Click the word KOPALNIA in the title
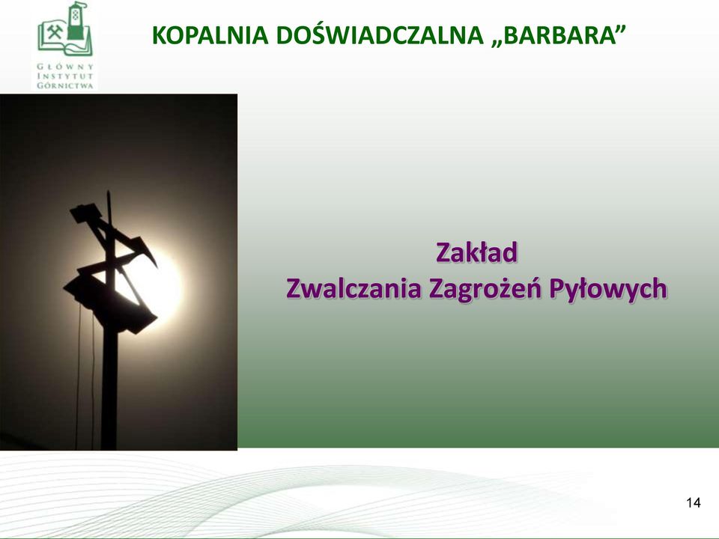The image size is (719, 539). [210, 35]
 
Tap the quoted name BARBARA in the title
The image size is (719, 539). [559, 35]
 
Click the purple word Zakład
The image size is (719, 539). [476, 252]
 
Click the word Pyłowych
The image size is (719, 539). [607, 289]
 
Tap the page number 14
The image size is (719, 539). [694, 503]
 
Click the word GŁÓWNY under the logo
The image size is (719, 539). [65, 67]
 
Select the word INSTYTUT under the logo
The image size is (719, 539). [65, 76]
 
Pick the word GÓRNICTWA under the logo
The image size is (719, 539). [65, 85]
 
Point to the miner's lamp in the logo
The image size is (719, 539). [77, 22]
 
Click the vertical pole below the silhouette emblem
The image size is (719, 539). [109, 389]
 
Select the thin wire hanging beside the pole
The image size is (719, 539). [78, 376]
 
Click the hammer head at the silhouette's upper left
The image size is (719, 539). [84, 213]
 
